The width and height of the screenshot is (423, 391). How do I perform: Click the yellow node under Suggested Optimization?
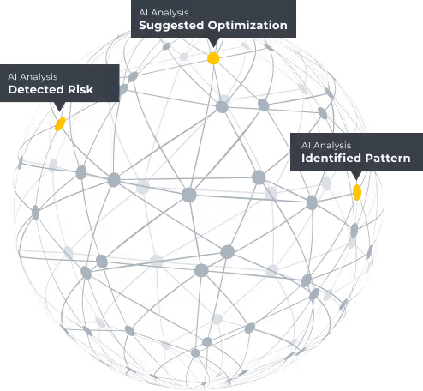point(213,58)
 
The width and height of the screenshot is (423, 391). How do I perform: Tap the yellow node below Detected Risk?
point(60,124)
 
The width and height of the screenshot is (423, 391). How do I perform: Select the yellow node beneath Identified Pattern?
point(357,192)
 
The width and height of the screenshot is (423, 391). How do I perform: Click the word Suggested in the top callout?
point(171,26)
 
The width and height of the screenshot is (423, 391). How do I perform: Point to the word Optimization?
point(247,26)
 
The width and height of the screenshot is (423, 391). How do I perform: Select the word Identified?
point(331,158)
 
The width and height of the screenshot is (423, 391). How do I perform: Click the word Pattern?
point(388,158)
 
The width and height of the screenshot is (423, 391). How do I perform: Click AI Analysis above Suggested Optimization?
point(164,13)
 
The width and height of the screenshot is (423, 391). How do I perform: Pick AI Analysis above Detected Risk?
point(33,77)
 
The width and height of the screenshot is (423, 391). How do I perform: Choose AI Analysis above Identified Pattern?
point(326,146)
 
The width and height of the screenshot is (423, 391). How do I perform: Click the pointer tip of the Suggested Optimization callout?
point(213,47)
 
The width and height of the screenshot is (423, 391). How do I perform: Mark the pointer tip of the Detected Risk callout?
point(59,111)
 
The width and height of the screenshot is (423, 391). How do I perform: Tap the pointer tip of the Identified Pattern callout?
point(356,180)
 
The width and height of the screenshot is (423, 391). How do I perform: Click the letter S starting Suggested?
point(143,25)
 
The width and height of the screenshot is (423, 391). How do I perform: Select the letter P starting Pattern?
point(369,158)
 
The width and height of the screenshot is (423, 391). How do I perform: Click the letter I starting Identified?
point(303,158)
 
